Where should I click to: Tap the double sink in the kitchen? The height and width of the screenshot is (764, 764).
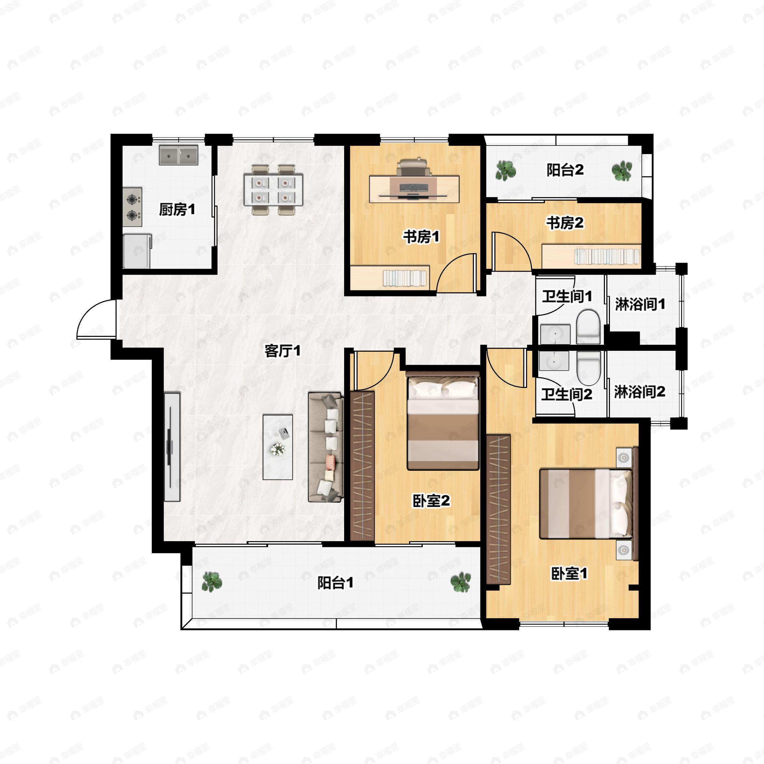(179, 155)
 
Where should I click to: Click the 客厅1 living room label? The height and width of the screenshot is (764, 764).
(282, 350)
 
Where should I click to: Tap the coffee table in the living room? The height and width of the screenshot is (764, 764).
(278, 447)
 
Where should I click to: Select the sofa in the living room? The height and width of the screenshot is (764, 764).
(325, 447)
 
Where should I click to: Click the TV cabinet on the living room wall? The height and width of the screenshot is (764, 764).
(172, 447)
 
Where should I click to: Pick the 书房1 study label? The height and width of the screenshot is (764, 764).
(421, 237)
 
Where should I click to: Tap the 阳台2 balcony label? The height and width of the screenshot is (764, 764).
(565, 170)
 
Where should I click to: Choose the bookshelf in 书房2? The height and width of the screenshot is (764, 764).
(591, 257)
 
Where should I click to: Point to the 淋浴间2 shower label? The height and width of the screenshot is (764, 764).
(640, 392)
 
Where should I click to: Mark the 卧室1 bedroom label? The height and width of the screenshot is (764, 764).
(569, 573)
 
